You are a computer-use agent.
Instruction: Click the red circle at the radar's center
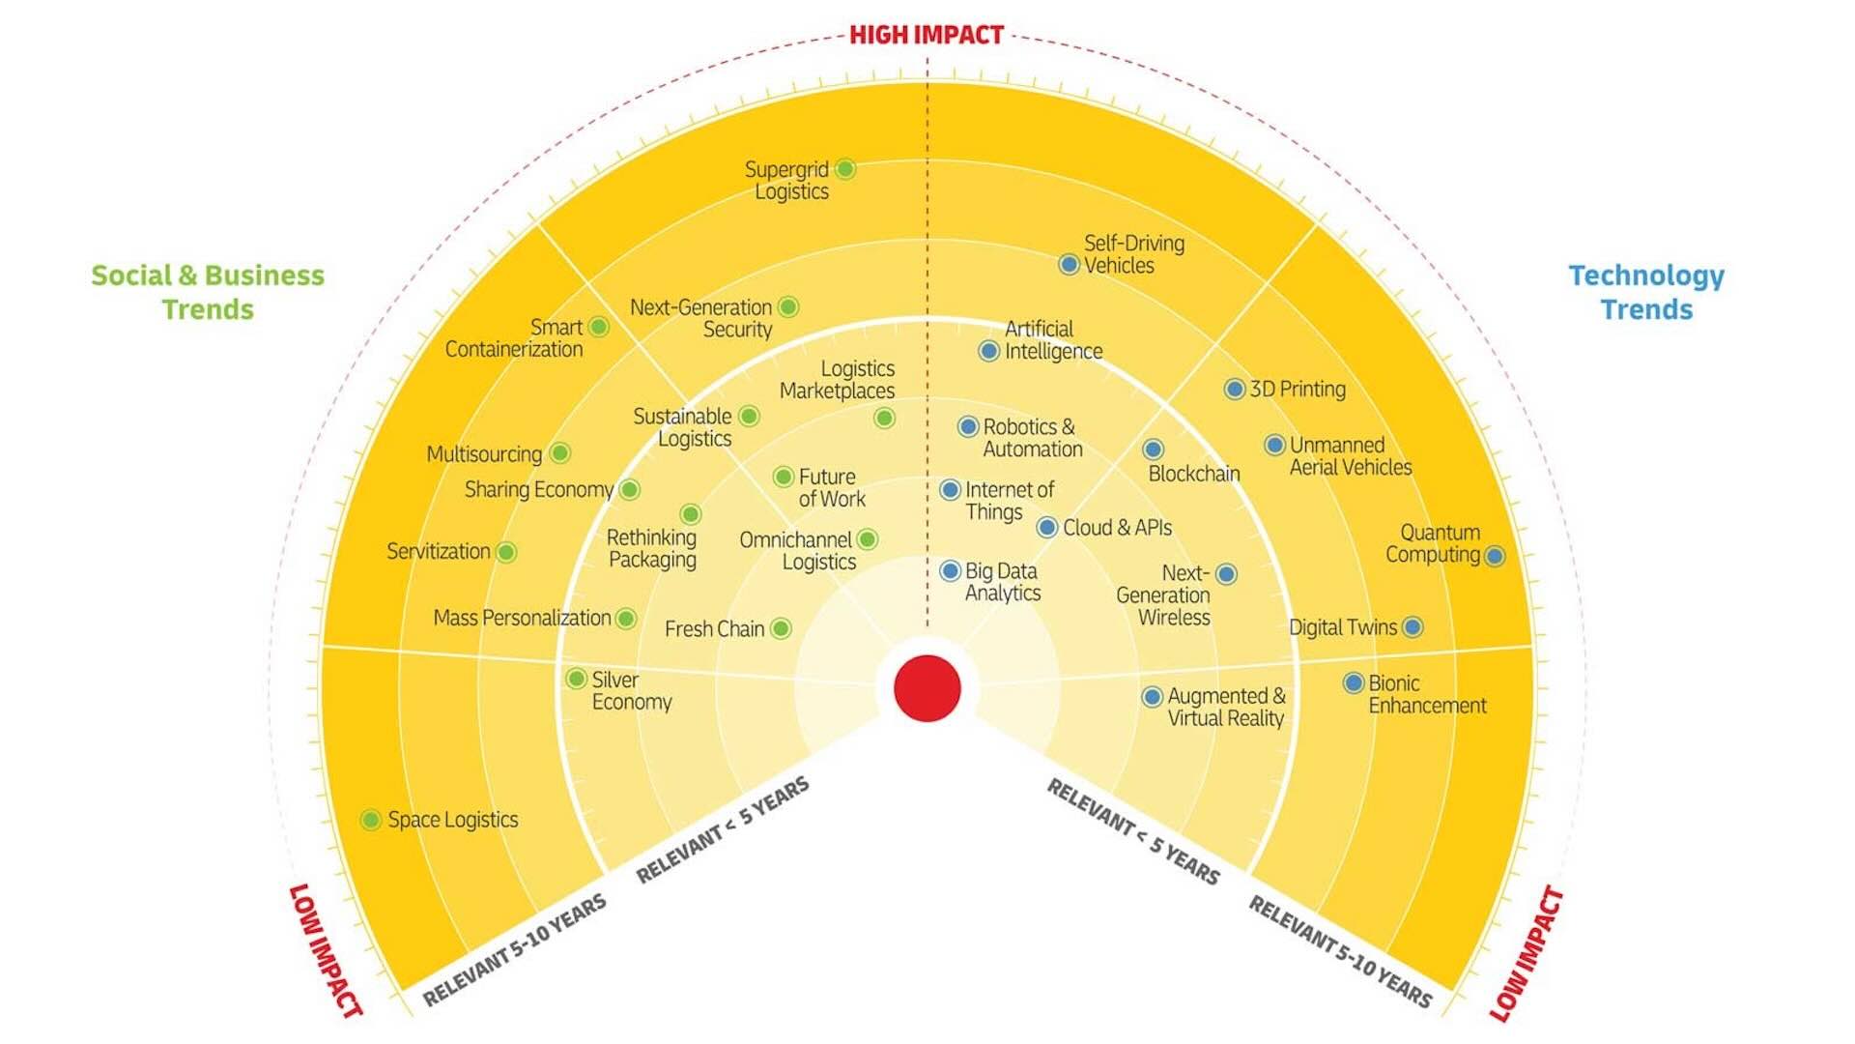[927, 688]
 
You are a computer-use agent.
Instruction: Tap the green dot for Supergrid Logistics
[845, 169]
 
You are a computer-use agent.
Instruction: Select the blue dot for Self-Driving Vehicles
[1069, 264]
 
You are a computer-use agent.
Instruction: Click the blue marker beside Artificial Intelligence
[988, 351]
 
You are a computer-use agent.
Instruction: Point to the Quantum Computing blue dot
[1495, 556]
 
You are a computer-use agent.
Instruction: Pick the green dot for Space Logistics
[370, 820]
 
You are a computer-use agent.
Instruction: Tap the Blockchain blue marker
[1153, 449]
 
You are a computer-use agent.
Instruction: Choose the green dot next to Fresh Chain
[781, 629]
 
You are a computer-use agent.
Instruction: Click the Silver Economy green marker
[576, 679]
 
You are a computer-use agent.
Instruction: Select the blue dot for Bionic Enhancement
[1354, 683]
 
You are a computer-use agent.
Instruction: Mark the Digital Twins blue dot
[1413, 627]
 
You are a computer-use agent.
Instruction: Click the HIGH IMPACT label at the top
[927, 35]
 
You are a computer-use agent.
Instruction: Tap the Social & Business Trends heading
[208, 292]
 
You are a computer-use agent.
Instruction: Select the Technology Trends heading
[1646, 292]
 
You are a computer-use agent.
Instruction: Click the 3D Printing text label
[1298, 389]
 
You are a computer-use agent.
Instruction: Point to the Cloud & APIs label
[1118, 528]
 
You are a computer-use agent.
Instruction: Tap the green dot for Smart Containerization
[599, 327]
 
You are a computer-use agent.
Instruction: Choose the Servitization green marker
[506, 552]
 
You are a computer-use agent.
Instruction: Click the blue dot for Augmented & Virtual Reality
[1152, 697]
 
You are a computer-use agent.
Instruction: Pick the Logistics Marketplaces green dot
[884, 418]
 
